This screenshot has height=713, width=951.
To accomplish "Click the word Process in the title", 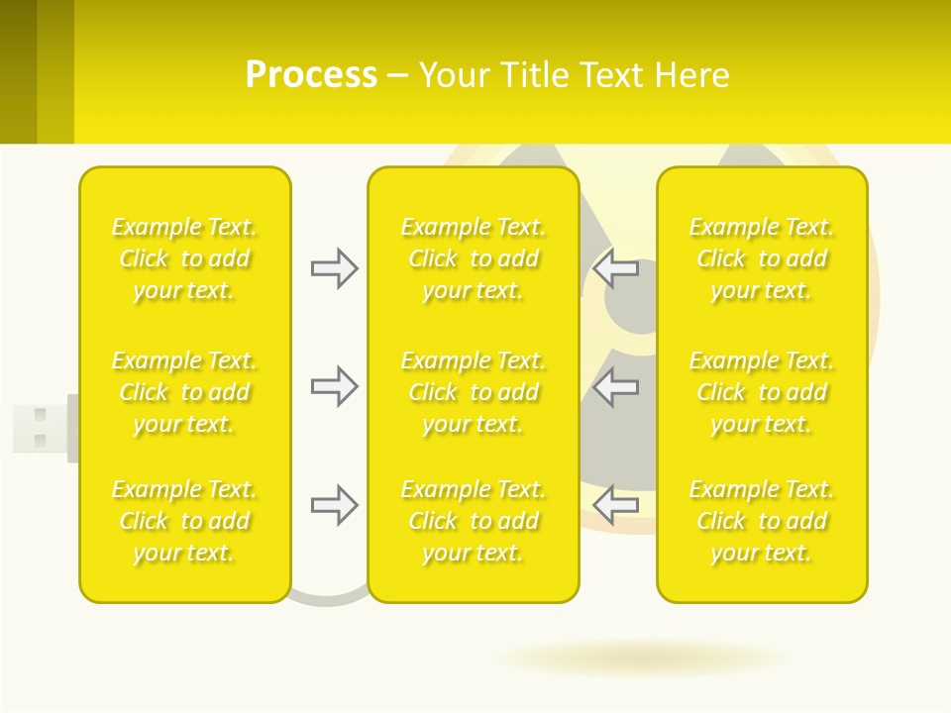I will [311, 75].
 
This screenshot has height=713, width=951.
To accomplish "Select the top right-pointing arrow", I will [334, 268].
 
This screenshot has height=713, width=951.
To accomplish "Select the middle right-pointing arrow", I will [334, 386].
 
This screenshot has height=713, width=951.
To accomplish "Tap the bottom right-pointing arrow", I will [334, 506].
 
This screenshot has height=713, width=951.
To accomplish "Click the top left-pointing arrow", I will [616, 268].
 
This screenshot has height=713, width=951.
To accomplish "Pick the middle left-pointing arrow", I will [616, 386].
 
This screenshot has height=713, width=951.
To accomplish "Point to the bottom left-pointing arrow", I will [616, 506].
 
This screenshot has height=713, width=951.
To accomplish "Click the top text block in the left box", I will [184, 258].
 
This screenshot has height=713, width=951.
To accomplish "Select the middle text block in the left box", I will [184, 392].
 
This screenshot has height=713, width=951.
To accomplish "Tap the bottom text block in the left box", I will [184, 521].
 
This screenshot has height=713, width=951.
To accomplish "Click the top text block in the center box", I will [474, 258].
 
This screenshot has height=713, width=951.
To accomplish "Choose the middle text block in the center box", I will [474, 392].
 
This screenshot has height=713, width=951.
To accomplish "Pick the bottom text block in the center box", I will [474, 521].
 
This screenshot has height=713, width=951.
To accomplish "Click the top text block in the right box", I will [762, 258].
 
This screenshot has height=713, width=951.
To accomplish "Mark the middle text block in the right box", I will [762, 392].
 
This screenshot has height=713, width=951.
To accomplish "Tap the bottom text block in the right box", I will [762, 521].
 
